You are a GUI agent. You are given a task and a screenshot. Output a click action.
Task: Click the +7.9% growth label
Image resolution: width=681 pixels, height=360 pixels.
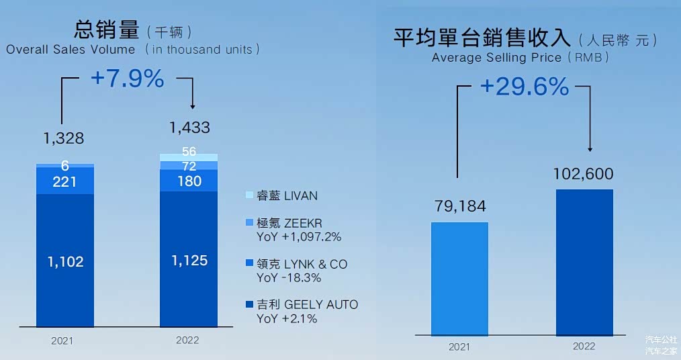click(x=127, y=79)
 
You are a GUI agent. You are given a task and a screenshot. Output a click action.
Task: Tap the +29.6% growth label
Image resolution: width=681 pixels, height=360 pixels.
click(x=524, y=86)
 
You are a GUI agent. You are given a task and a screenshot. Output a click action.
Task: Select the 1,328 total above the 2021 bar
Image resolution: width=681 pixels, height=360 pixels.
click(x=64, y=138)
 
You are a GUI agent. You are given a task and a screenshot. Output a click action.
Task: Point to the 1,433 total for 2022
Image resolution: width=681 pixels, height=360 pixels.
click(x=189, y=127)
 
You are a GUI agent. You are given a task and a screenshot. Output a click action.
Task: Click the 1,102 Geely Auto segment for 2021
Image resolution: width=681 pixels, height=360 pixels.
click(x=64, y=262)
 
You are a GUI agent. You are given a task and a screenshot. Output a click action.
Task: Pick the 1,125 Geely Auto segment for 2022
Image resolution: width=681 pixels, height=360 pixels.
click(x=189, y=261)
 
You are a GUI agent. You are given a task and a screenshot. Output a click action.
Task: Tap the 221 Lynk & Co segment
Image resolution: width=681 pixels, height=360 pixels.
click(x=64, y=181)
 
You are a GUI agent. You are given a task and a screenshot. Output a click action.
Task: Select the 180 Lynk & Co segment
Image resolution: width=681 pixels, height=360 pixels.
click(x=189, y=181)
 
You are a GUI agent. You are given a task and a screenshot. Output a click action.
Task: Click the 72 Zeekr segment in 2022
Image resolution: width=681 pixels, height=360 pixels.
click(x=189, y=165)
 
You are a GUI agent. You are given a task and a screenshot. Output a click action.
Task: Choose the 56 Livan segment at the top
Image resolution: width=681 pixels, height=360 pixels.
click(x=189, y=152)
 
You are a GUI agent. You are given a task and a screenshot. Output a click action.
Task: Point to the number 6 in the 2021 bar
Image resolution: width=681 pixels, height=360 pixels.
click(x=64, y=165)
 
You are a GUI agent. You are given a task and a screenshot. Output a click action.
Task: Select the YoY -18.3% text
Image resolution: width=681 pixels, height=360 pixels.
click(x=289, y=277)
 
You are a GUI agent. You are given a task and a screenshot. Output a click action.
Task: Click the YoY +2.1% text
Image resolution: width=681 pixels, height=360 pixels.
click(x=287, y=318)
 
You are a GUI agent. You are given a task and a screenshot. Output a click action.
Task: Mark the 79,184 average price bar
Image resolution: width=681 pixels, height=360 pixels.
click(x=459, y=278)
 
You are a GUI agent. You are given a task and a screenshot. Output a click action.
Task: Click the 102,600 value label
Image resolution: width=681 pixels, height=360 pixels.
click(x=583, y=174)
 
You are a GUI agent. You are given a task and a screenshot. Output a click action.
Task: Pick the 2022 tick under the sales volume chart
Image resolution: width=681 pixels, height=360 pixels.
click(x=187, y=341)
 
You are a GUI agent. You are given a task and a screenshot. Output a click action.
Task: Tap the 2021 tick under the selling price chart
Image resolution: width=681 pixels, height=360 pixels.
click(x=459, y=347)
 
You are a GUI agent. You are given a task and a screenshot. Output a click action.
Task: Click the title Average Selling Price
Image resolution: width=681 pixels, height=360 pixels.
click(x=496, y=58)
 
